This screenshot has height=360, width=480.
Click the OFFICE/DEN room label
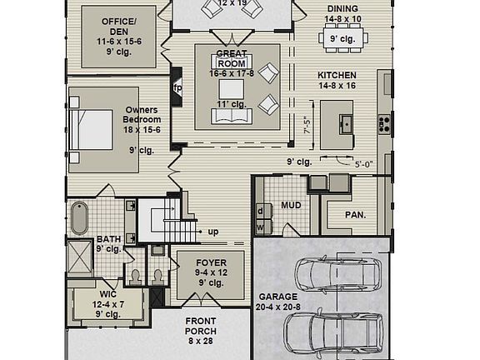tap(118, 27)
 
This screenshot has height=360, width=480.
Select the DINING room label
tap(342, 8)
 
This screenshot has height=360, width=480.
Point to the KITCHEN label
tap(337, 75)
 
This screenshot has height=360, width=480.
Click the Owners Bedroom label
tap(142, 115)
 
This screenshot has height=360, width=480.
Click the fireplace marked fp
tap(177, 87)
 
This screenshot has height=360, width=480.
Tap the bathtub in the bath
tap(79, 218)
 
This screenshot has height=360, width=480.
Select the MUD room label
tap(291, 204)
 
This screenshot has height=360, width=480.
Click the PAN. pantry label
tap(356, 215)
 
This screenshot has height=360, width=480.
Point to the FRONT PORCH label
tap(201, 327)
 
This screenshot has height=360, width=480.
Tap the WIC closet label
tap(108, 296)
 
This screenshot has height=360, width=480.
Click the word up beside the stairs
tap(213, 232)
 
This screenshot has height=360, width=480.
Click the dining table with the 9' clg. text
tap(342, 37)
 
